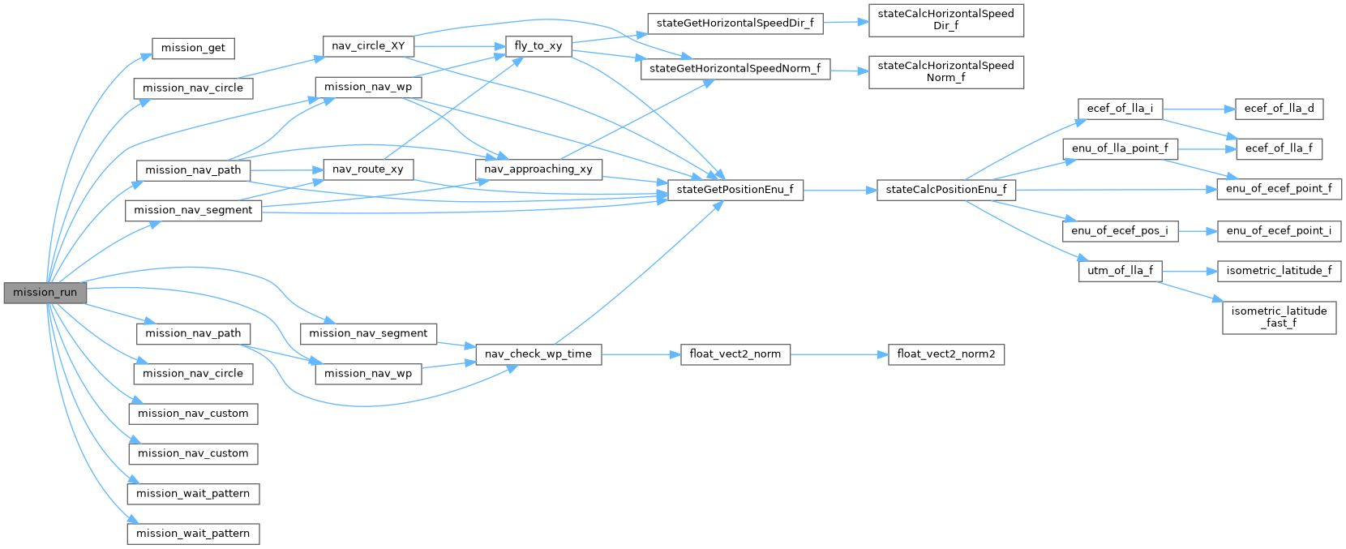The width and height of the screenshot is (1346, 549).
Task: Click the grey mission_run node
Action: [x=45, y=293]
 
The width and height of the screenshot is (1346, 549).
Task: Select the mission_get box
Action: [x=193, y=48]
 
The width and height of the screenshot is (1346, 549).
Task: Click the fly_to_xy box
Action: [x=538, y=46]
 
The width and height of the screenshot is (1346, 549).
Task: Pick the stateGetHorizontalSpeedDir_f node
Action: [x=735, y=24]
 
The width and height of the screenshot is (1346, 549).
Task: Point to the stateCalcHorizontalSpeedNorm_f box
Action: [x=945, y=71]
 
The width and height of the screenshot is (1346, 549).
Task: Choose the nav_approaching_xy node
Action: [x=538, y=169]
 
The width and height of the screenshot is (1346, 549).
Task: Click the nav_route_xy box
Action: [x=368, y=169]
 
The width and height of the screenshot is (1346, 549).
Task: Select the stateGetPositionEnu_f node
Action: [x=735, y=190]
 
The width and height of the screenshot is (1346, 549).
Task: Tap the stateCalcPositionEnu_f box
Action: [x=946, y=190]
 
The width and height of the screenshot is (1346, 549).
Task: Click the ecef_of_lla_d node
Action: [x=1279, y=109]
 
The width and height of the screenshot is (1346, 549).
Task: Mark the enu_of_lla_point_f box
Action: [x=1120, y=148]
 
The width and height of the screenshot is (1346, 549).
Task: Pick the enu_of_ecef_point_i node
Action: [x=1279, y=231]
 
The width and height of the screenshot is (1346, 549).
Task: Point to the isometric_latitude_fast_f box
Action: [x=1279, y=316]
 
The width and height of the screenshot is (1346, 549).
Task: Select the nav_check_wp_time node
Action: [x=538, y=354]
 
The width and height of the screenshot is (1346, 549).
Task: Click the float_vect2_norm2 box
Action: [x=946, y=354]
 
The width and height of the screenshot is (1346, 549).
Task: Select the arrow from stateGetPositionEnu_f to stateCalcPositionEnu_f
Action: [x=839, y=190]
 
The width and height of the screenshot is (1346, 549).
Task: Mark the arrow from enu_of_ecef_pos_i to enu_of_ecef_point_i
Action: [x=1197, y=231]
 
